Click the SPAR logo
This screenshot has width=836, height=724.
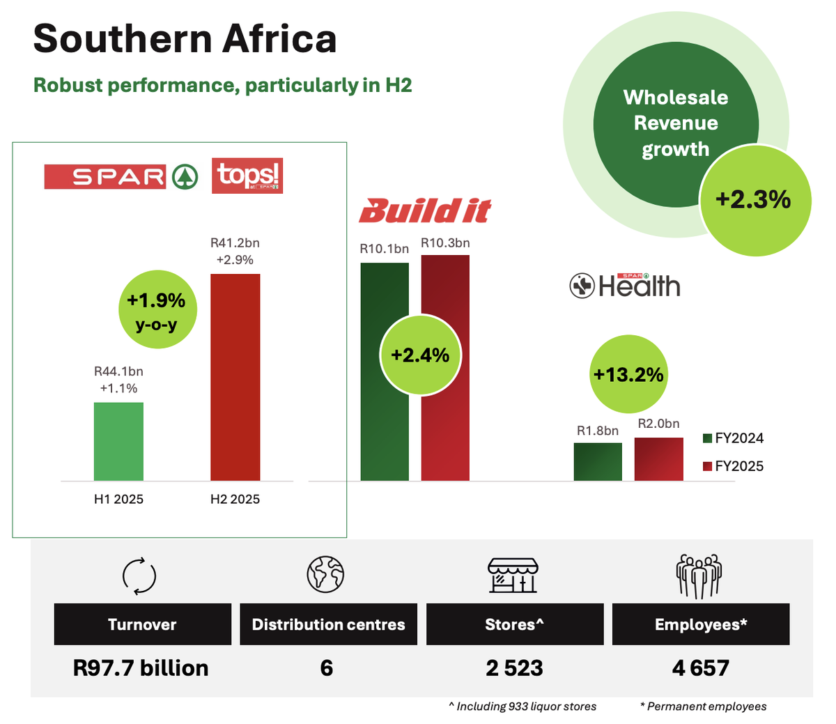pyautogui.click(x=121, y=176)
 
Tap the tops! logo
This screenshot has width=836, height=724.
pyautogui.click(x=247, y=176)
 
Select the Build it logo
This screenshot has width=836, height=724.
pyautogui.click(x=425, y=210)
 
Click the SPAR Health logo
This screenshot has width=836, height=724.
pyautogui.click(x=625, y=286)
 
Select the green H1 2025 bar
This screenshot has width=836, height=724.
pyautogui.click(x=118, y=441)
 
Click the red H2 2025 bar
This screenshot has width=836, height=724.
pyautogui.click(x=235, y=377)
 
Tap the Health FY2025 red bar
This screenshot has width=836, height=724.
pyautogui.click(x=658, y=459)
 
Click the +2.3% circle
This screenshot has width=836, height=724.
pyautogui.click(x=754, y=200)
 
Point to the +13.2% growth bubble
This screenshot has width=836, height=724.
pyautogui.click(x=628, y=374)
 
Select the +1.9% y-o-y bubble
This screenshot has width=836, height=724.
pyautogui.click(x=156, y=309)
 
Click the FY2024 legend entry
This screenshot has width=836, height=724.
pyautogui.click(x=733, y=438)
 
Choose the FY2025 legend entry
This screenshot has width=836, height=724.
pyautogui.click(x=733, y=466)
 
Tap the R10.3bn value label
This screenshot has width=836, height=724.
pyautogui.click(x=445, y=243)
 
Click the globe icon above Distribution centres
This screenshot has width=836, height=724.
pyautogui.click(x=326, y=575)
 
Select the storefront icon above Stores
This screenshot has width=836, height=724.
pyautogui.click(x=513, y=575)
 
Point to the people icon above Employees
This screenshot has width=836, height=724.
pyautogui.click(x=699, y=576)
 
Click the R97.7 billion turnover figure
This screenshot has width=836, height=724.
pyautogui.click(x=141, y=668)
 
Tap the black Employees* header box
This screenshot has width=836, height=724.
pyautogui.click(x=700, y=624)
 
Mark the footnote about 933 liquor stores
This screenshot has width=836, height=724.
pyautogui.click(x=522, y=707)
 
